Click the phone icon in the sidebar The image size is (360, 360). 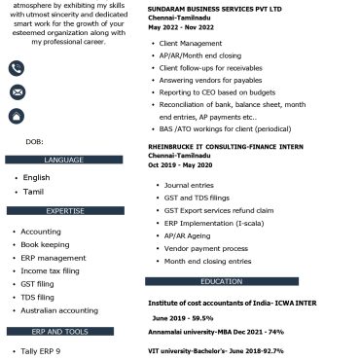pyautogui.click(x=17, y=68)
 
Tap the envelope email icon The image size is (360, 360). pyautogui.click(x=17, y=92)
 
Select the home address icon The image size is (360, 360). pyautogui.click(x=17, y=117)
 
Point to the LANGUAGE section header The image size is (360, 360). pyautogui.click(x=64, y=160)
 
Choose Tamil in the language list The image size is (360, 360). pyautogui.click(x=33, y=192)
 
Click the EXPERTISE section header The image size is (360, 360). pyautogui.click(x=64, y=210)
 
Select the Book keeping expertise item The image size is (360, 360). pyautogui.click(x=45, y=245)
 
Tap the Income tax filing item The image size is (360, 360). pyautogui.click(x=50, y=270)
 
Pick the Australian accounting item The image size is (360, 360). pyautogui.click(x=59, y=310)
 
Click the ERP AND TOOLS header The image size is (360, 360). pyautogui.click(x=64, y=332)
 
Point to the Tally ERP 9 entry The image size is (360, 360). pyautogui.click(x=41, y=350)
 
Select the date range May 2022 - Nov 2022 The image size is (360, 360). pyautogui.click(x=181, y=27)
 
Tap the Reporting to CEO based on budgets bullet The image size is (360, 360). pyautogui.click(x=218, y=92)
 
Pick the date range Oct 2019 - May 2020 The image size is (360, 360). pyautogui.click(x=179, y=164)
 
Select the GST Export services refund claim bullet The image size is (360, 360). pyautogui.click(x=219, y=210)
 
